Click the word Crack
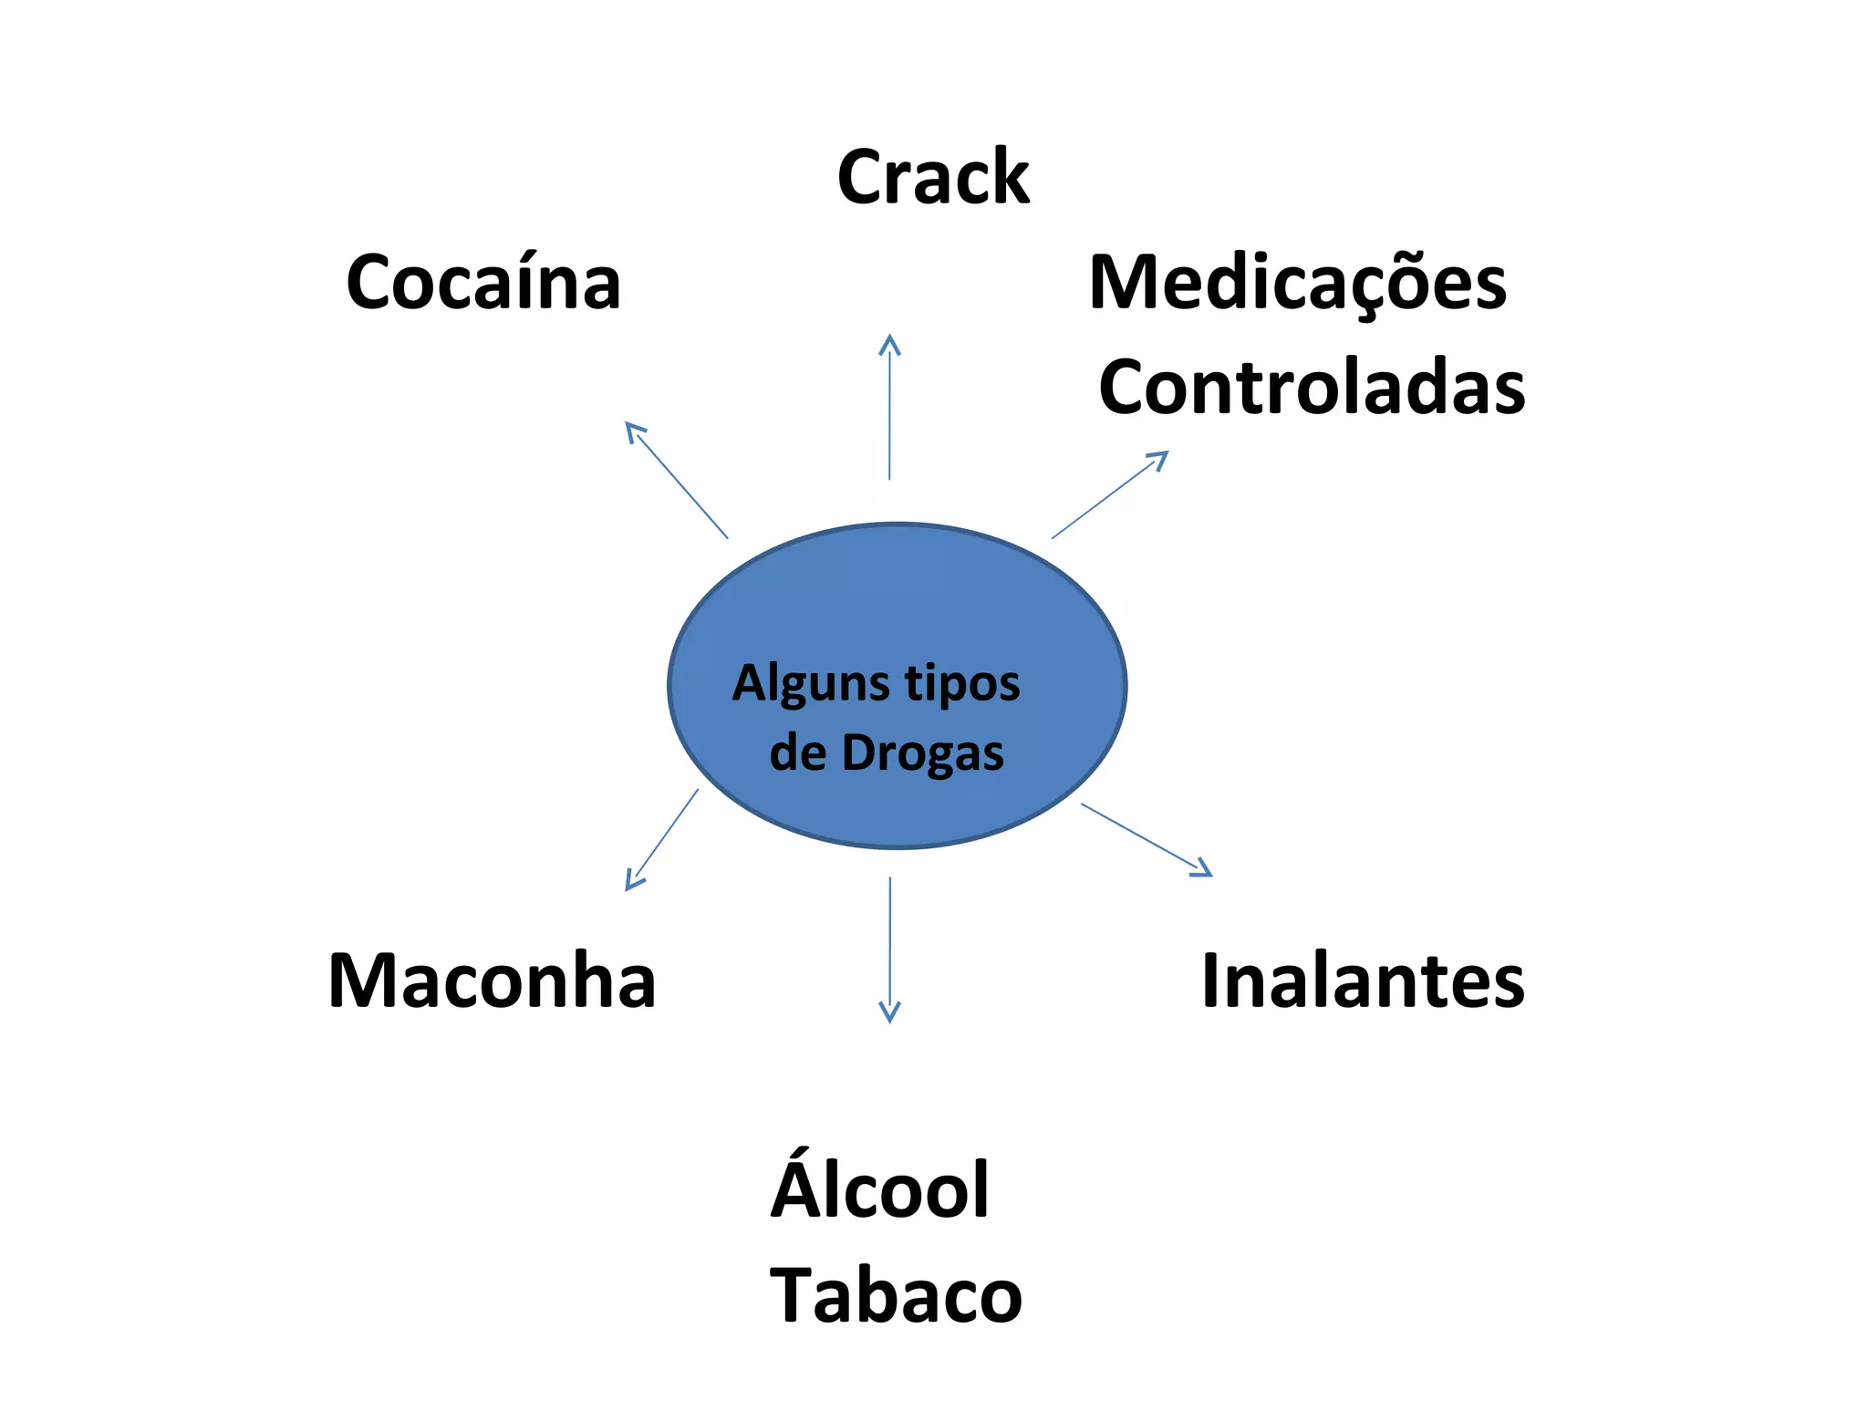pyautogui.click(x=933, y=177)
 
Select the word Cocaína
pyautogui.click(x=483, y=282)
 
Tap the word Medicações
pyautogui.click(x=1297, y=283)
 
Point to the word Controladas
pyautogui.click(x=1312, y=388)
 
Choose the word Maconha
pyautogui.click(x=492, y=981)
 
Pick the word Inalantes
pyautogui.click(x=1363, y=981)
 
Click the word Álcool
pyautogui.click(x=880, y=1189)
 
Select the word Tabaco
pyautogui.click(x=896, y=1295)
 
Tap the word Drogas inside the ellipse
pyautogui.click(x=922, y=753)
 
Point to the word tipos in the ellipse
pyautogui.click(x=962, y=684)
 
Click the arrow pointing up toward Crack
pyautogui.click(x=889, y=410)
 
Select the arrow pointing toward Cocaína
pyautogui.click(x=677, y=481)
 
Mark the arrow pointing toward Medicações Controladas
pyautogui.click(x=1108, y=495)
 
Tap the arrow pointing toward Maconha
pyautogui.click(x=662, y=839)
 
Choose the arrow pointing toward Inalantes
pyautogui.click(x=1146, y=839)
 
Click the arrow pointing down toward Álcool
pyautogui.click(x=889, y=949)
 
